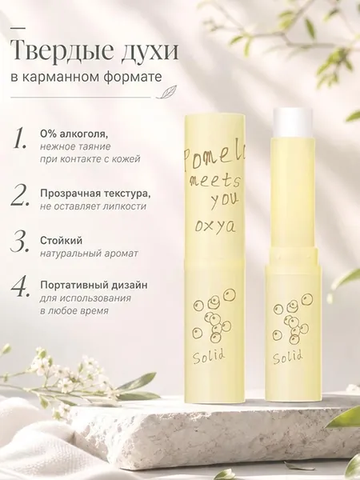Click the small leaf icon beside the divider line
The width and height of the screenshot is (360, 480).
point(164,93)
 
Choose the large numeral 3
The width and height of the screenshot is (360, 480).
point(21,242)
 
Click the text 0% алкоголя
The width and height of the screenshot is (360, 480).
point(74,134)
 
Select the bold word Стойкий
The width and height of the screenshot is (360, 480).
point(61,241)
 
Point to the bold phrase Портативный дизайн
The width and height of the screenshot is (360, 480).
point(94,286)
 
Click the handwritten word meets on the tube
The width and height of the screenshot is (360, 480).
point(214,182)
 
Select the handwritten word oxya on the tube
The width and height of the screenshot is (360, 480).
point(215,227)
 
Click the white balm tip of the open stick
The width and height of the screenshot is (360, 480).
point(291,122)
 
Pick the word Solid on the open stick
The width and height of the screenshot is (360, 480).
point(288,357)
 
